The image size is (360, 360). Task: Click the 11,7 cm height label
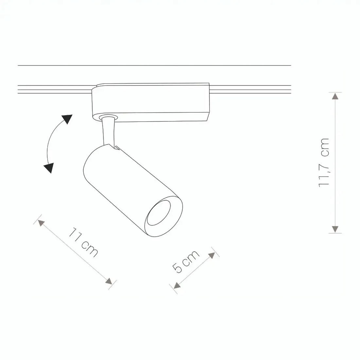point(324,163)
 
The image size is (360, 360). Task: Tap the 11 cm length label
point(83,243)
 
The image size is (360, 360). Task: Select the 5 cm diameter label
point(186,262)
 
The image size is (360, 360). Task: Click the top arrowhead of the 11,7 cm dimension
point(335,96)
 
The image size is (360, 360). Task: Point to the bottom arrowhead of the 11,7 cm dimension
point(335,229)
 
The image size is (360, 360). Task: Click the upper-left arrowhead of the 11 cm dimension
point(41,223)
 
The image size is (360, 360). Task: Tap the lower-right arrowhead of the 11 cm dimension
point(109,281)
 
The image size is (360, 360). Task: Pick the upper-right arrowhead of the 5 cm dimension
point(212,255)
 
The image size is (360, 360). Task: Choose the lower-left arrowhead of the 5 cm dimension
point(177,285)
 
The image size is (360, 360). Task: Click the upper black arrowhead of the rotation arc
point(67,119)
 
